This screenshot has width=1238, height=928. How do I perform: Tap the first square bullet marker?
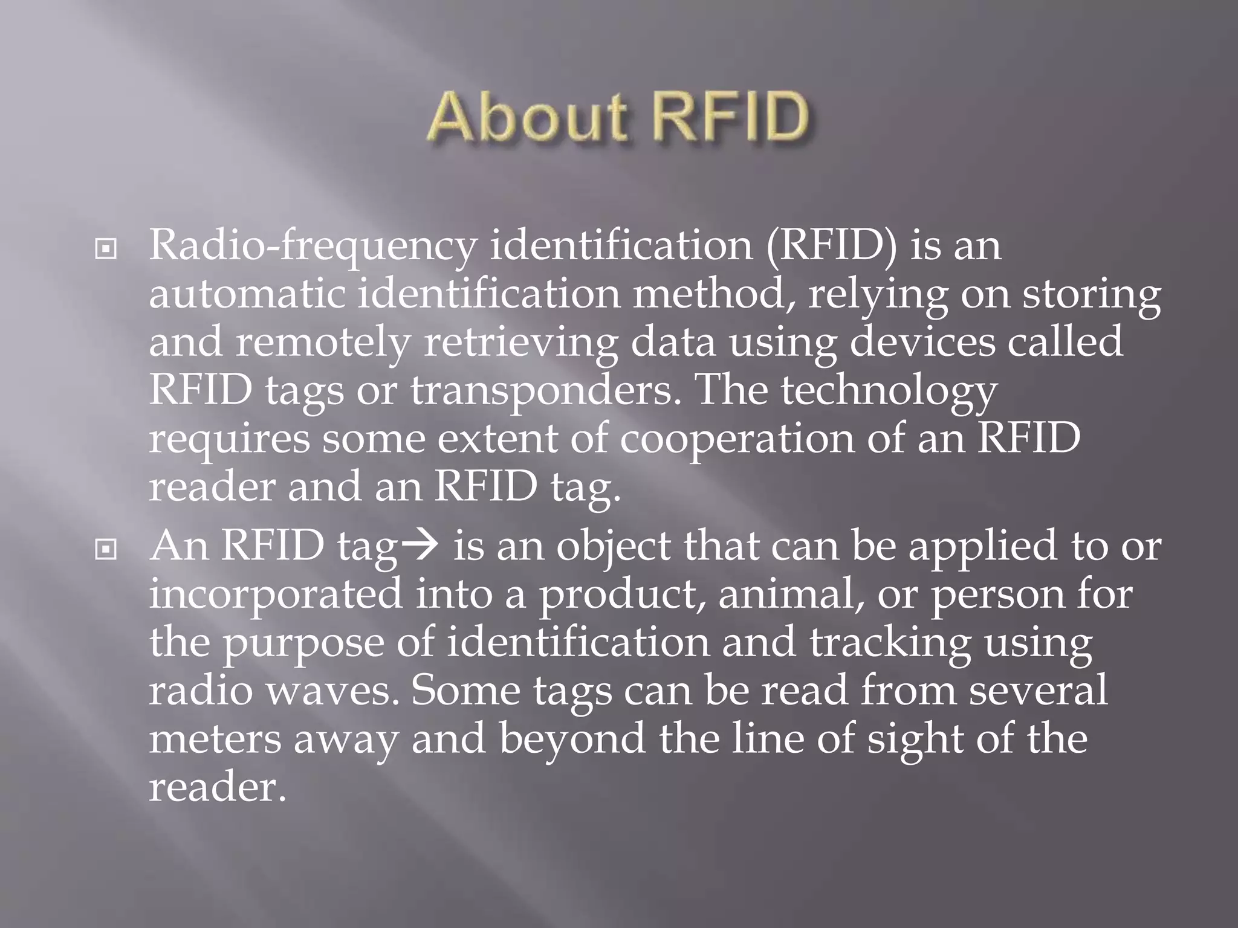point(106,248)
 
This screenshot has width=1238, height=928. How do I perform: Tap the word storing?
point(1091,295)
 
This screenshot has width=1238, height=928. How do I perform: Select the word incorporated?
point(276,594)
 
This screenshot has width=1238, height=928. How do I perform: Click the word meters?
point(215,739)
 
